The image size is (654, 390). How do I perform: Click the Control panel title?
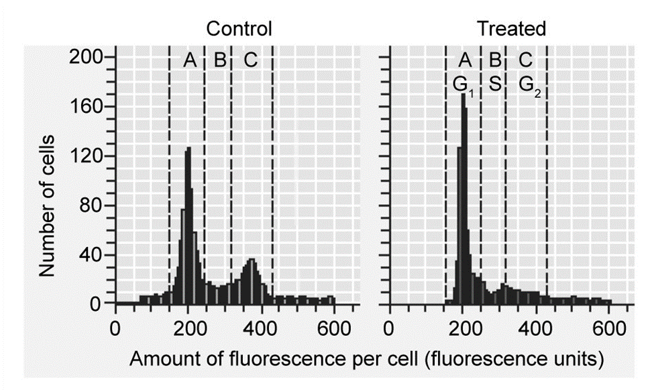click(239, 29)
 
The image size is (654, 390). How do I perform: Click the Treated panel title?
click(511, 29)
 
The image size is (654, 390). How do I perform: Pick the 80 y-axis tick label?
click(91, 205)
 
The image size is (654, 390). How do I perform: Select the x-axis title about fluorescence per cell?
click(366, 360)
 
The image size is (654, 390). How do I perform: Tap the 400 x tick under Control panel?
click(261, 330)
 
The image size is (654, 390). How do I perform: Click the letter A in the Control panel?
click(190, 61)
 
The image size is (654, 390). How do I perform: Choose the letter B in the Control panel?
click(219, 61)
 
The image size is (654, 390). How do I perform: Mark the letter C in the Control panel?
click(251, 61)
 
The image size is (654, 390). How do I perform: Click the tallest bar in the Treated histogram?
click(463, 201)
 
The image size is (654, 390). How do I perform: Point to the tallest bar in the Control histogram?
click(188, 228)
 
